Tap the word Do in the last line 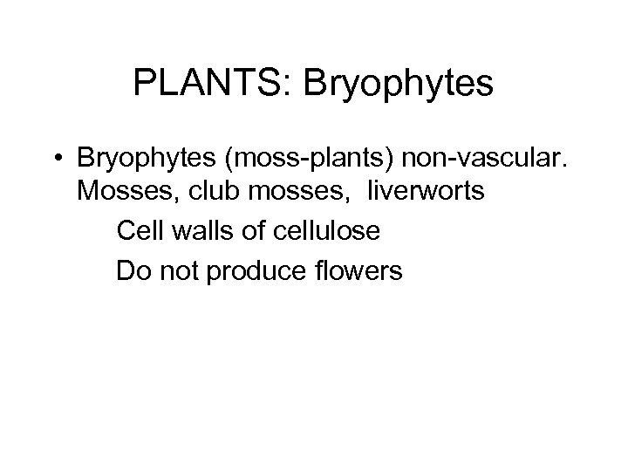pos(132,271)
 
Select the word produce pos(253,271)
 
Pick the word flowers pos(357,271)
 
